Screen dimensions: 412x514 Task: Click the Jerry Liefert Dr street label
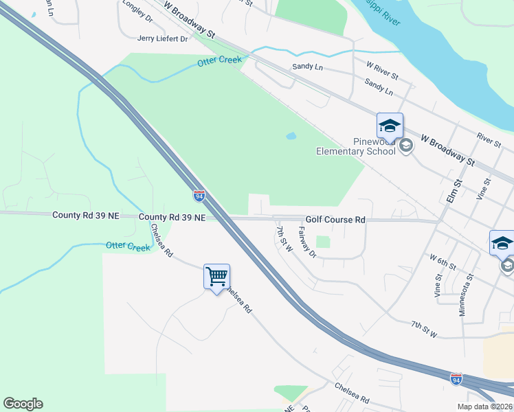pos(162,39)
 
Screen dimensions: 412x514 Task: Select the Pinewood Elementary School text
pos(355,146)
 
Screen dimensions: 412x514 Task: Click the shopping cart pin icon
pos(216,277)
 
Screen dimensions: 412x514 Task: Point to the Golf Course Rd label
pos(335,220)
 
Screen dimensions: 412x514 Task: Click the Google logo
pos(23,404)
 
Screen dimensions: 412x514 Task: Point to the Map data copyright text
pos(484,407)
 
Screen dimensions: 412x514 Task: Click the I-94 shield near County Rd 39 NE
pos(199,196)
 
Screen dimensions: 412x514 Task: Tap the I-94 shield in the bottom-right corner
pos(456,378)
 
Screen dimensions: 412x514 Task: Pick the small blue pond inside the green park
pos(291,136)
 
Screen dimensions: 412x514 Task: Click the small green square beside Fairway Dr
pos(323,242)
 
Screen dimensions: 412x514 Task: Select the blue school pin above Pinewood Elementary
pos(390,126)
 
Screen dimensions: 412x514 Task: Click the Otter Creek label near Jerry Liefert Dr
pos(220,61)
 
